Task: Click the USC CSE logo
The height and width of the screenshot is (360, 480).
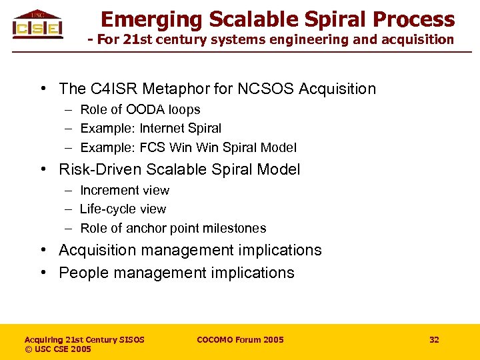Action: pos(37,25)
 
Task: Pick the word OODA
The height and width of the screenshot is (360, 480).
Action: pos(146,109)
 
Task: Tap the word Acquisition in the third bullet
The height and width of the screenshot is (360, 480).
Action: pos(100,250)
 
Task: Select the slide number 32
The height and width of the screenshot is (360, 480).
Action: pos(434,339)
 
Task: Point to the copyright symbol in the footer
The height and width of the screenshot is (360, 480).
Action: pos(28,349)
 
